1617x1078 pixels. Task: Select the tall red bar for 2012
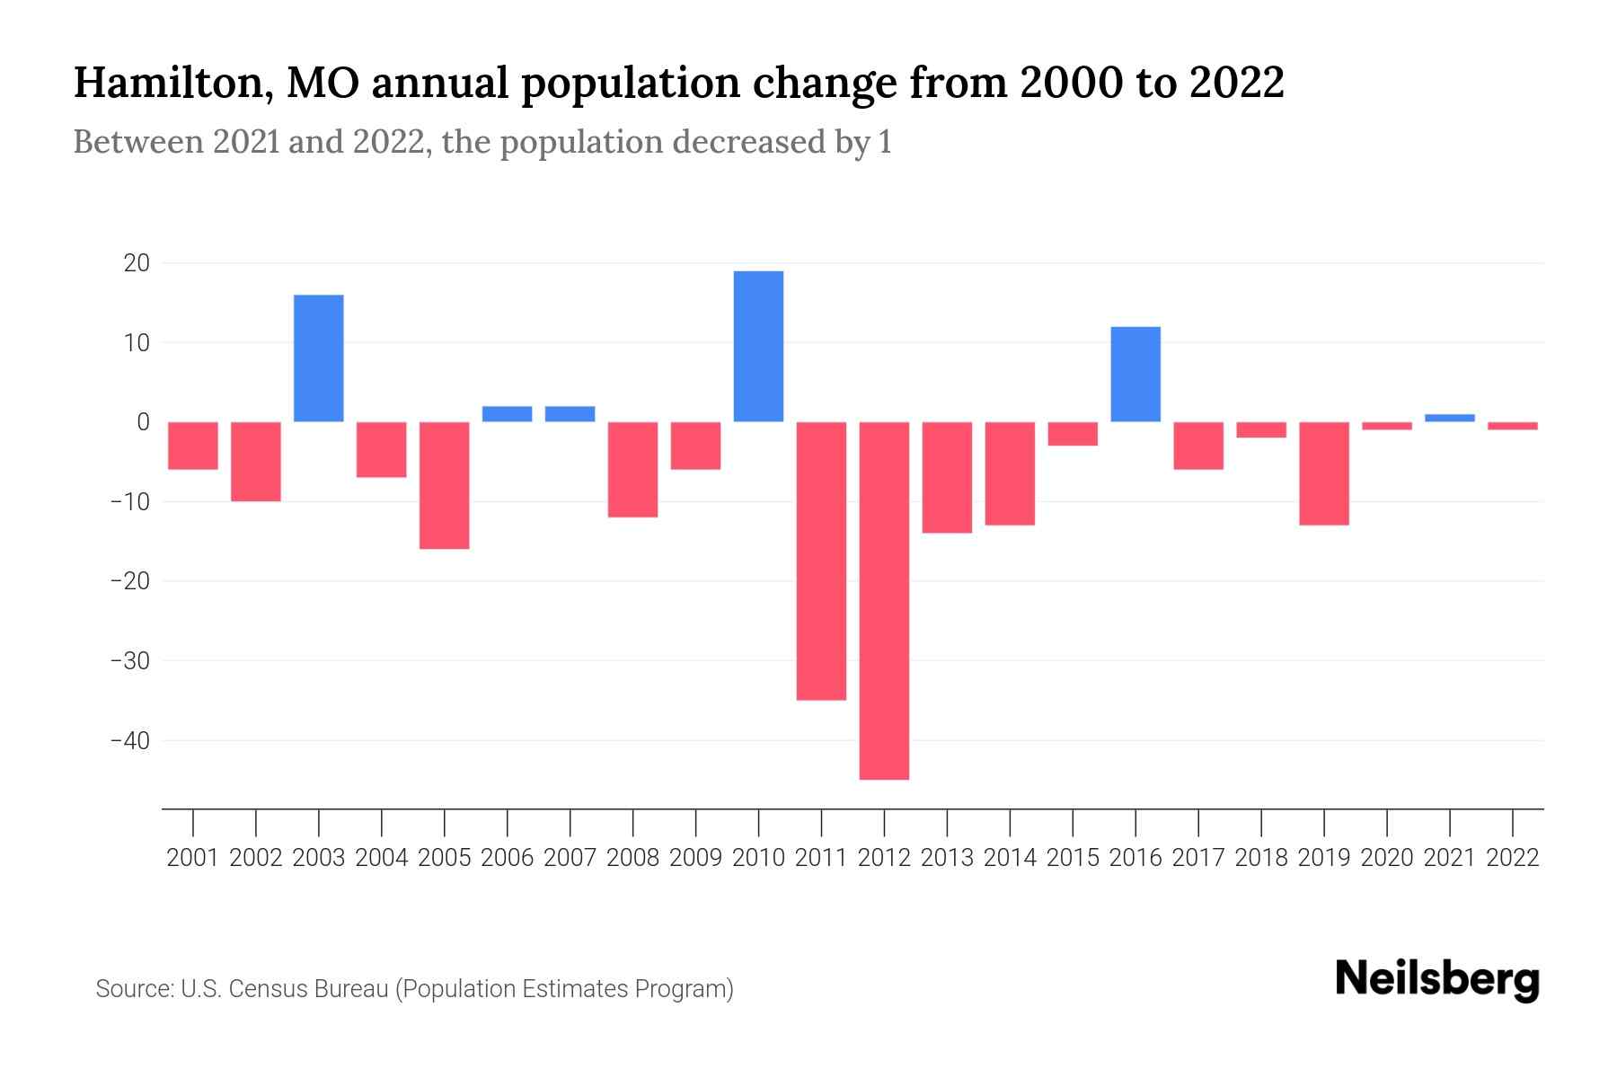click(884, 600)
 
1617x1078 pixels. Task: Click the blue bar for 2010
click(758, 346)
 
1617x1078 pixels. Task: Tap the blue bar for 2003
click(319, 358)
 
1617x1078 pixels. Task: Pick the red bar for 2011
click(821, 561)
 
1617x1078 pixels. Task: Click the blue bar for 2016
click(1135, 374)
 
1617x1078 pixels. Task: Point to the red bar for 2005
click(445, 485)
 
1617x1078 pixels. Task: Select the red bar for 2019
click(1324, 473)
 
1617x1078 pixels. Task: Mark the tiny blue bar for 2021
click(1450, 418)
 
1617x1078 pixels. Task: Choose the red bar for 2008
click(632, 469)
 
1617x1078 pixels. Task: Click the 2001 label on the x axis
click(193, 858)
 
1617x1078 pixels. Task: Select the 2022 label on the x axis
click(1513, 858)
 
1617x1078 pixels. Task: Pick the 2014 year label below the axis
click(1010, 858)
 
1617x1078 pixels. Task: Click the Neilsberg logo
click(1437, 980)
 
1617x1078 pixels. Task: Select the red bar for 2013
click(947, 477)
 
